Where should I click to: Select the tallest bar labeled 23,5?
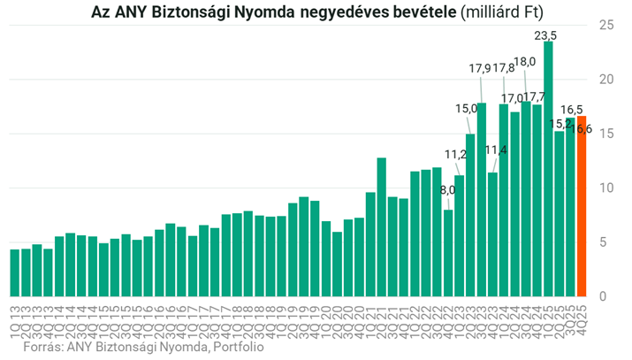tap(548, 168)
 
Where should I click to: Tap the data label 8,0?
tap(447, 190)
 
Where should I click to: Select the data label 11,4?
tap(496, 150)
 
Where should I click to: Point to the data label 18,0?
tap(524, 62)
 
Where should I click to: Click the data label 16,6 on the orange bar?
tap(582, 129)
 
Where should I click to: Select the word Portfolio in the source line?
tap(237, 348)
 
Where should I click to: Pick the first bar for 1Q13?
tap(14, 272)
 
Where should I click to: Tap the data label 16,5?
tap(572, 109)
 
